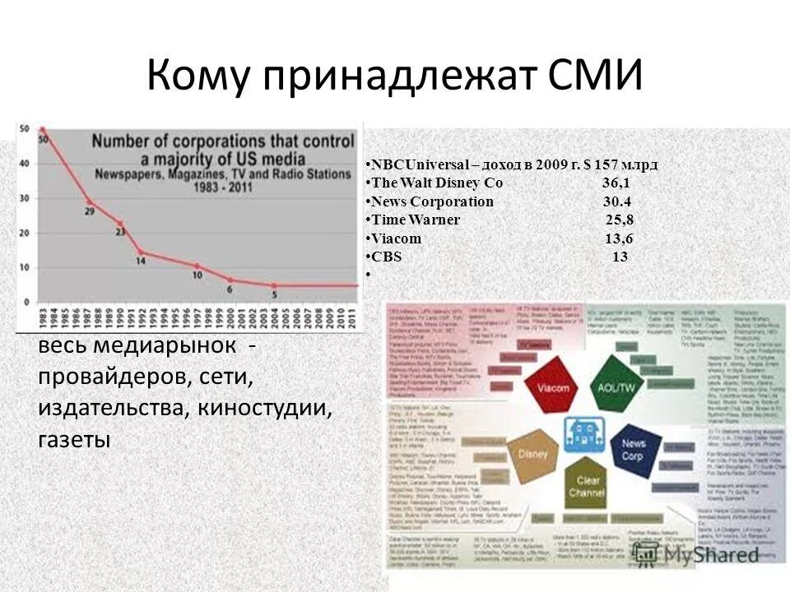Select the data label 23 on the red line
click(x=120, y=233)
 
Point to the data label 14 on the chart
click(x=141, y=261)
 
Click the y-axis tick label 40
click(x=25, y=163)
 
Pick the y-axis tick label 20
click(x=25, y=233)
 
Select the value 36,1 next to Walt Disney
click(x=616, y=183)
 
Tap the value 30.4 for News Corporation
click(x=616, y=201)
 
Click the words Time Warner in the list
click(x=416, y=220)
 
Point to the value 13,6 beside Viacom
click(x=619, y=238)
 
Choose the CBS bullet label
click(x=386, y=257)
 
